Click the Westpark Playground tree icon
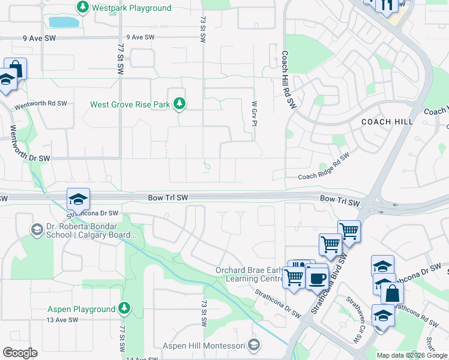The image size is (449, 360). click(82, 8)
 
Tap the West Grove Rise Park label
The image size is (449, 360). click(130, 104)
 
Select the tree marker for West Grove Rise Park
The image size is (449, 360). click(179, 104)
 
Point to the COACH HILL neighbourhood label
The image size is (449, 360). click(387, 121)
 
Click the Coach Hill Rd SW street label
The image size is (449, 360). click(289, 79)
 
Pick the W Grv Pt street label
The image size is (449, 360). click(255, 113)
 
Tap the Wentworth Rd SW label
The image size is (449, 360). click(41, 104)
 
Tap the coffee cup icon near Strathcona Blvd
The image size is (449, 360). click(317, 277)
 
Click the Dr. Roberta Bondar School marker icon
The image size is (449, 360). click(37, 229)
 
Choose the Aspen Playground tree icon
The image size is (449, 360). click(124, 309)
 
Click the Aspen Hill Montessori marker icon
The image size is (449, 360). click(255, 345)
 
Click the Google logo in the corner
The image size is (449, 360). click(20, 353)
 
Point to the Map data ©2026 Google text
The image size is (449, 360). click(411, 355)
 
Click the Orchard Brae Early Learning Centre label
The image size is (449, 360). click(249, 274)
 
